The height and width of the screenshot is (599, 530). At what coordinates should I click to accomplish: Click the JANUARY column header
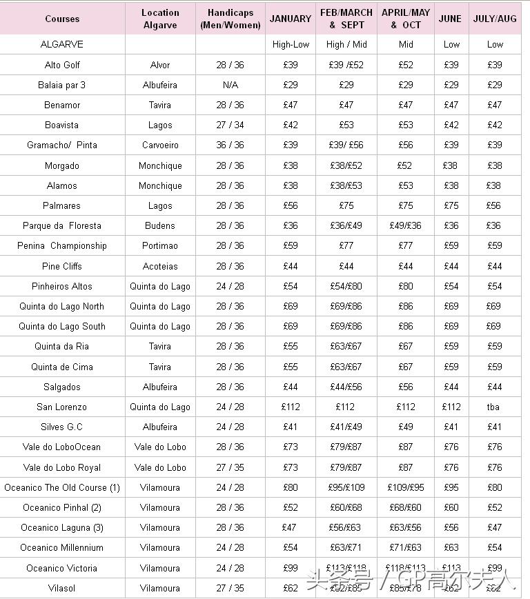(290, 19)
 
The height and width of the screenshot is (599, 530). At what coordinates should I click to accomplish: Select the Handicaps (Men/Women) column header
(230, 19)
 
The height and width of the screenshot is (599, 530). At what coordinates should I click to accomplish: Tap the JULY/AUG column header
(494, 19)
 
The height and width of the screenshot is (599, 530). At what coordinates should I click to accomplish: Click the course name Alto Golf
(62, 65)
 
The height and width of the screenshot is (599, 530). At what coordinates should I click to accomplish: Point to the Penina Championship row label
(62, 245)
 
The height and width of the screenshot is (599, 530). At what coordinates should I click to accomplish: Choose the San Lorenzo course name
(62, 407)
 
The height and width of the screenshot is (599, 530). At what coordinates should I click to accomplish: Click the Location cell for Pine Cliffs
(160, 266)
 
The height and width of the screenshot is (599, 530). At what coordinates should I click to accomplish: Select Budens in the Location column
(160, 225)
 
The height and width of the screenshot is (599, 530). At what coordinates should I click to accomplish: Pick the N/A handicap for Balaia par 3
(230, 85)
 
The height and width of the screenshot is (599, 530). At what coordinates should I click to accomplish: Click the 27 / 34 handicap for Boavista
(230, 125)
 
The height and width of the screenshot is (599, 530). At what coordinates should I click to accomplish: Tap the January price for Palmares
(290, 205)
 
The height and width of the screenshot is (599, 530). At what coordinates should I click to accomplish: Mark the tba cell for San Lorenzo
(493, 407)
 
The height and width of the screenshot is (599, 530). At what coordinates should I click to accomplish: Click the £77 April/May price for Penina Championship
(405, 245)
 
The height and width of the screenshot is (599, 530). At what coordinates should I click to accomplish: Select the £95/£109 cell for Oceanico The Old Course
(346, 487)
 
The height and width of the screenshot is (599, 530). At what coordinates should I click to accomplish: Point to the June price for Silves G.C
(451, 427)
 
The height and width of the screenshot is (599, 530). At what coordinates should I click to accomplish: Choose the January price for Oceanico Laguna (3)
(290, 527)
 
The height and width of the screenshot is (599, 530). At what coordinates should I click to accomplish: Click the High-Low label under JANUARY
(291, 44)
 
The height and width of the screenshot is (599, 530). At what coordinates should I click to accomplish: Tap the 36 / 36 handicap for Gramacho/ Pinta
(230, 145)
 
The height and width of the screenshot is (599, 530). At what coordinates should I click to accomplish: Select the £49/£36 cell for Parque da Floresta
(405, 225)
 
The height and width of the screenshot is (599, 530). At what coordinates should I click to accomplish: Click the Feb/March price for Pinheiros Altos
(346, 286)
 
